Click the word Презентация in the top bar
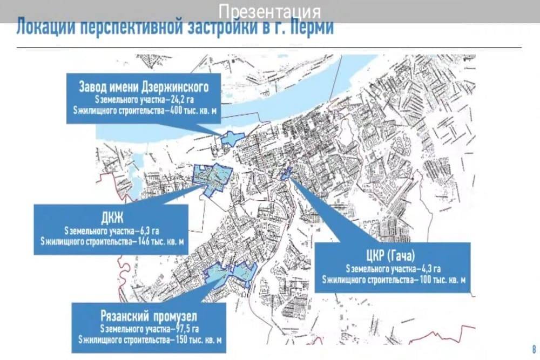270,11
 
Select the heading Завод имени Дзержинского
144,86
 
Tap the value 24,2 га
186,100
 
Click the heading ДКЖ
112,218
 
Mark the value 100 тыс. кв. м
440,279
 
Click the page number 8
533,348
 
